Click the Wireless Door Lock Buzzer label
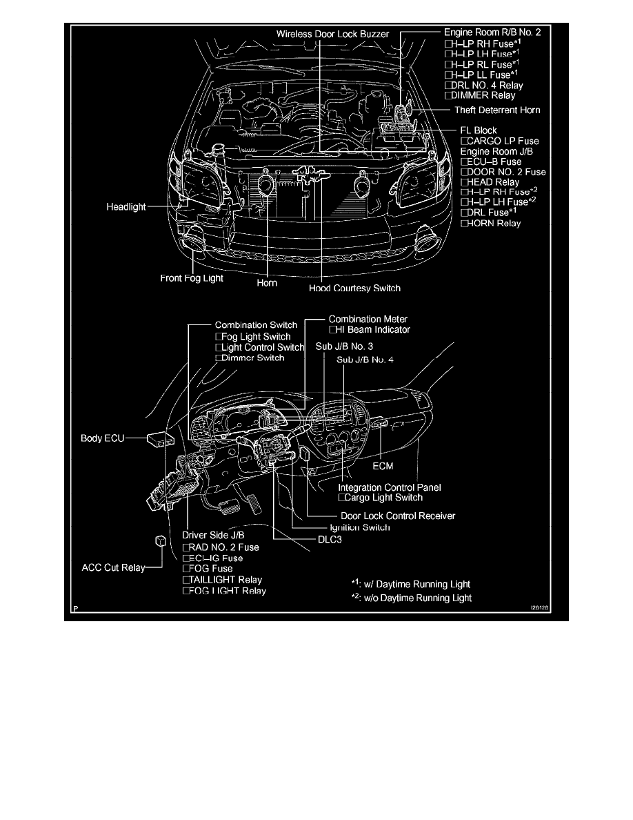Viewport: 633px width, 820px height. pos(333,34)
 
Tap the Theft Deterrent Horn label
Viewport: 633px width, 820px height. pos(496,110)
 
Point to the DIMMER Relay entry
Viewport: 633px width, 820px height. pos(481,96)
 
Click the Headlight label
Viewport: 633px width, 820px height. pos(126,207)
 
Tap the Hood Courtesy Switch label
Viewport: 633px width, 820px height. pos(354,288)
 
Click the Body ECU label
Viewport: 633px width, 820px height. pos(102,438)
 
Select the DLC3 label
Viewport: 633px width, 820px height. pos(330,541)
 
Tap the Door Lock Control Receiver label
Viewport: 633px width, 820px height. pos(398,516)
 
